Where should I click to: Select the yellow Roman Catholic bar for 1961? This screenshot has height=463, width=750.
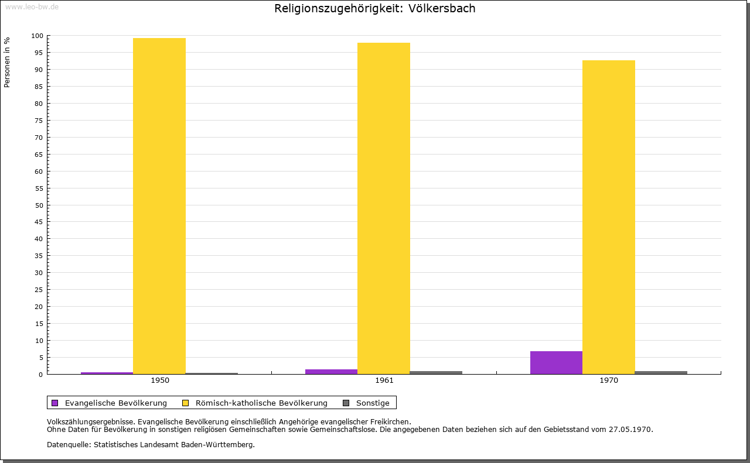[384, 208]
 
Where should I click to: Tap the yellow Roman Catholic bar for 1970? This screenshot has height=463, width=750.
[608, 217]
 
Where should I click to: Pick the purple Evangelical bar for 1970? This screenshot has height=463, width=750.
[556, 362]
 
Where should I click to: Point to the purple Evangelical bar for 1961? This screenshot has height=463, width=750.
[332, 372]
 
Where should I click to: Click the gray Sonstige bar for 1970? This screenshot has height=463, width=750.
[661, 372]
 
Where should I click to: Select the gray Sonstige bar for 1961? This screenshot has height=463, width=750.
[437, 372]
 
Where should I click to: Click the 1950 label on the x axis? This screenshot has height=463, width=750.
[160, 380]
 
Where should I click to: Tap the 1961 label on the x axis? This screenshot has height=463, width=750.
[384, 380]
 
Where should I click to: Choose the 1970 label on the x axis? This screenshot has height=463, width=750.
[609, 380]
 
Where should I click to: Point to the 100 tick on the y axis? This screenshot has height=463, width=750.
[37, 36]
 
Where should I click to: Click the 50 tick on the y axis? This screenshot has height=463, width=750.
[39, 205]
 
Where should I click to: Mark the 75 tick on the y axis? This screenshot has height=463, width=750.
[39, 121]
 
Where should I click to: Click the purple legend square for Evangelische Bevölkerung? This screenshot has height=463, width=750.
[55, 403]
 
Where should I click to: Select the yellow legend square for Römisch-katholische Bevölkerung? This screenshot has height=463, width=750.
[186, 403]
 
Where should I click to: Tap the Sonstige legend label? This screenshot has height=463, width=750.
[373, 403]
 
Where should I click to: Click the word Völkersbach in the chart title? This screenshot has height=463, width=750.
[442, 9]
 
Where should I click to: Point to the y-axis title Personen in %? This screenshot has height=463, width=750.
[7, 62]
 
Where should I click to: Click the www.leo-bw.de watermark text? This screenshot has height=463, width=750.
[32, 6]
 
